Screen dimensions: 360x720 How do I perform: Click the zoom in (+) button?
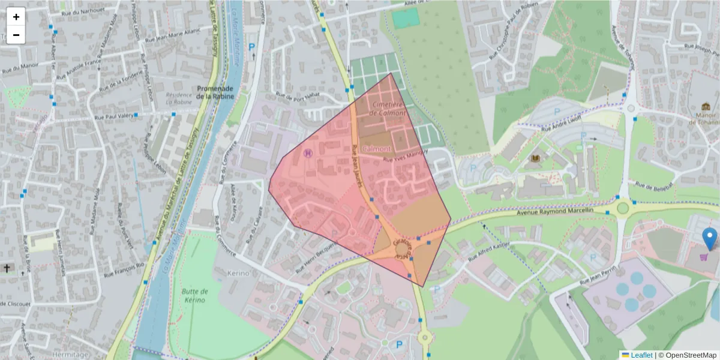tap(16, 17)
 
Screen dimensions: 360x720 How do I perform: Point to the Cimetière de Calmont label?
tap(389, 109)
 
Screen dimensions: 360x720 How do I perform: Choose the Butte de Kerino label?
tap(193, 295)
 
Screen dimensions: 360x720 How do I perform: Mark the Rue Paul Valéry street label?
tap(115, 117)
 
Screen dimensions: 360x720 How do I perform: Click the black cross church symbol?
tap(7, 268)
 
